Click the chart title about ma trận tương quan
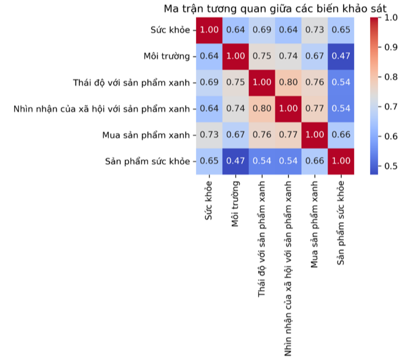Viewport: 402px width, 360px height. (275, 9)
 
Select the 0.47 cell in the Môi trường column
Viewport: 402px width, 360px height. (236, 162)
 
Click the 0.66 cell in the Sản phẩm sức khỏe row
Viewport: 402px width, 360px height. (315, 162)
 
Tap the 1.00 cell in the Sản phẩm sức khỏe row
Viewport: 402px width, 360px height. (342, 162)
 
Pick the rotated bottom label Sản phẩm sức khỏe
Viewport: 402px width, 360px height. (342, 222)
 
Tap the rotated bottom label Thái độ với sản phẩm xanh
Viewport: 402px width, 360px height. (262, 240)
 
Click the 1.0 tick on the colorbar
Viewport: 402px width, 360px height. (390, 18)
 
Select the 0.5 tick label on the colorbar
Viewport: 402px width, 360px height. (390, 166)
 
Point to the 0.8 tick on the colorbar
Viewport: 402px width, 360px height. (390, 78)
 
